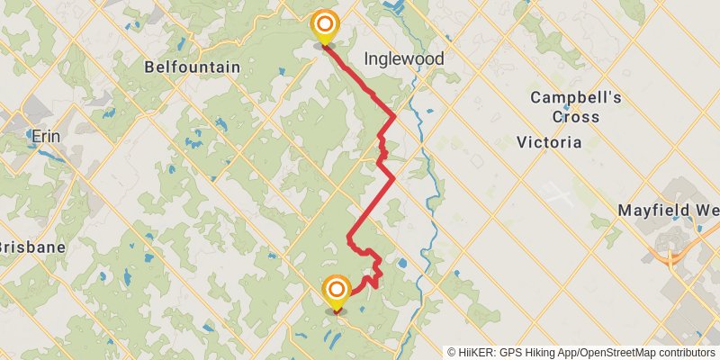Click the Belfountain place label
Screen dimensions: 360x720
193,67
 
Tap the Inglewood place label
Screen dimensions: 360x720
404,58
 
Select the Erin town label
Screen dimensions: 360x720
45,137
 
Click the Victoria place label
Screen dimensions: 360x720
549,142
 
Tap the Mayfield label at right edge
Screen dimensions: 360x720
667,211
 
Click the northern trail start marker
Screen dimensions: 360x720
324,26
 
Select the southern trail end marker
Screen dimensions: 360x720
337,291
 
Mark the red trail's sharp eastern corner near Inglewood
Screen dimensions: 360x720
395,116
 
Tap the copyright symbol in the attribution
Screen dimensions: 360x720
451,352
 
